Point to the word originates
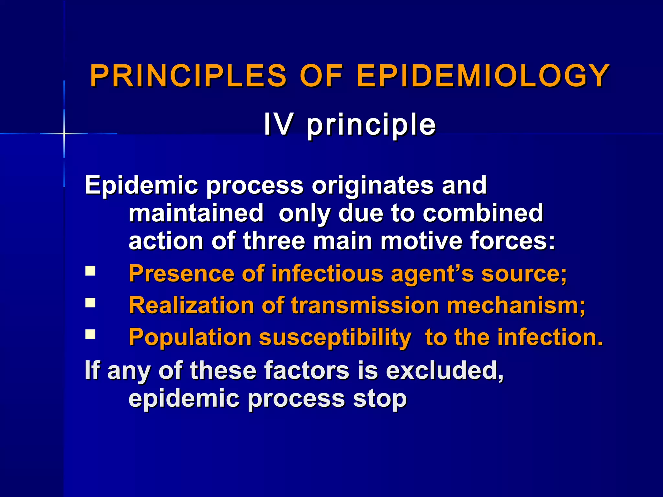coord(373,185)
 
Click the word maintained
coord(196,213)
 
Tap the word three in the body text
coord(274,241)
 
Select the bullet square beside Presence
coord(90,271)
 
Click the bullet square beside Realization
coord(90,303)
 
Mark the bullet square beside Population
coord(90,334)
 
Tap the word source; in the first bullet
coord(524,273)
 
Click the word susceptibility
coord(335,337)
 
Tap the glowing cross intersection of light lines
coord(64,133)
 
